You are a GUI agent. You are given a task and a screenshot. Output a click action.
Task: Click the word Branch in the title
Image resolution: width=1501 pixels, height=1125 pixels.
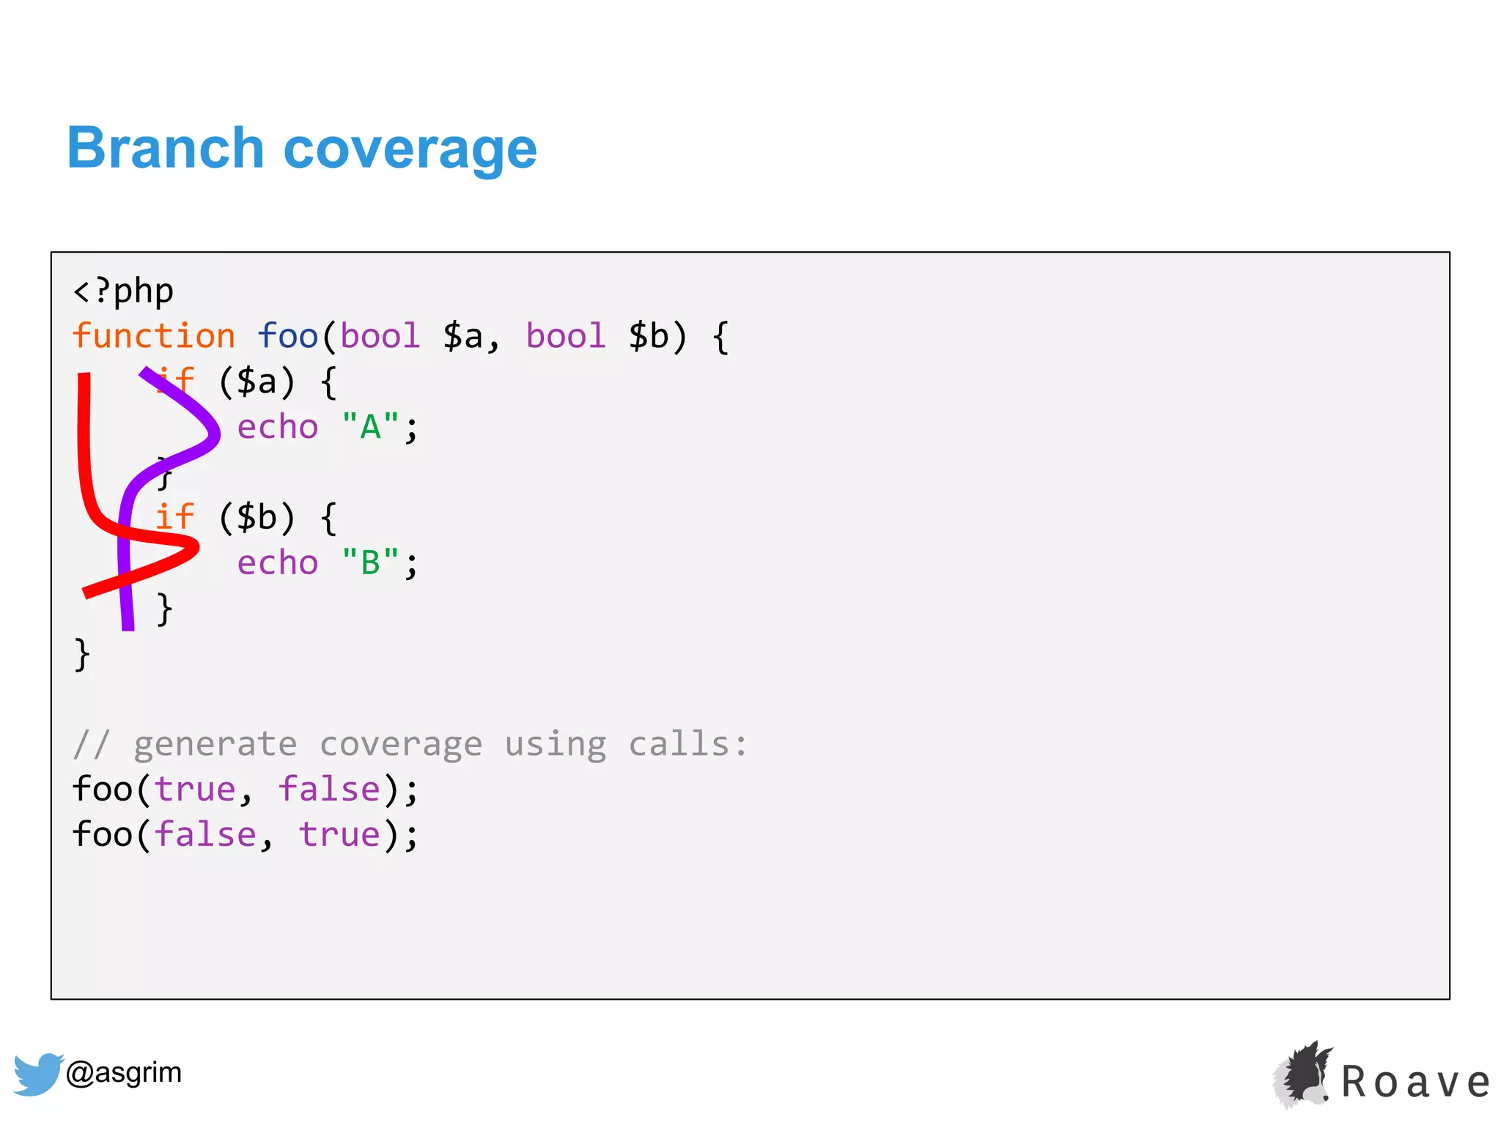click(165, 148)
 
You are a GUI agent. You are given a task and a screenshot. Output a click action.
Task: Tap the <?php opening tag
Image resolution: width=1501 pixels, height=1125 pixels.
click(123, 292)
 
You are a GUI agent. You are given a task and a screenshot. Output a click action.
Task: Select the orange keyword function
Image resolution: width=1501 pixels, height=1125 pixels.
click(153, 336)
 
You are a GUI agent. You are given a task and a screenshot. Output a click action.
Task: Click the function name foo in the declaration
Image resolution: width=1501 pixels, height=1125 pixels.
click(287, 336)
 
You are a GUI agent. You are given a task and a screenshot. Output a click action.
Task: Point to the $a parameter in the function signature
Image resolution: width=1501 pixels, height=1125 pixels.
click(463, 336)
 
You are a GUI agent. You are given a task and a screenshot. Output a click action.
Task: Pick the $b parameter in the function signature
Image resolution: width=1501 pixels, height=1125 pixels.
click(649, 336)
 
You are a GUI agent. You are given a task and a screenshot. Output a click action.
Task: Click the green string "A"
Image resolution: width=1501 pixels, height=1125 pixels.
click(370, 427)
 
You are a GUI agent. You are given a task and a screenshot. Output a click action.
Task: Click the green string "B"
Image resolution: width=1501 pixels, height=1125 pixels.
click(370, 563)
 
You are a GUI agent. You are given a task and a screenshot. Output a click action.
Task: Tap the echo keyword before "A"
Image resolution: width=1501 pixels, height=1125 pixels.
click(278, 427)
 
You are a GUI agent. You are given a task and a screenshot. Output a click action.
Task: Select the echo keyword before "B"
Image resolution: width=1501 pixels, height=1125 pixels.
click(278, 563)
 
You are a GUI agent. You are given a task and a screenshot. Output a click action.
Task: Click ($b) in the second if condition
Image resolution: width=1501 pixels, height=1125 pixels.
click(257, 518)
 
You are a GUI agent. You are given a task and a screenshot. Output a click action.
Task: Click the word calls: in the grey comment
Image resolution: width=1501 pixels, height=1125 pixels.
click(688, 744)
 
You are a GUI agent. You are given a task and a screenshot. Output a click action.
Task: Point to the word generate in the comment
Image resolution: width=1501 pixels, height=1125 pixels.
click(215, 744)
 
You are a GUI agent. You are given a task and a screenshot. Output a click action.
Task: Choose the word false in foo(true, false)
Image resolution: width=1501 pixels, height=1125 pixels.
click(329, 790)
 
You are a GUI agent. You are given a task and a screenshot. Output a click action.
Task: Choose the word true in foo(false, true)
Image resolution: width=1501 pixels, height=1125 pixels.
click(339, 835)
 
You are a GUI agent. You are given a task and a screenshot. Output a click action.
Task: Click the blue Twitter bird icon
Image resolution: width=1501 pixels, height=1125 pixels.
click(37, 1074)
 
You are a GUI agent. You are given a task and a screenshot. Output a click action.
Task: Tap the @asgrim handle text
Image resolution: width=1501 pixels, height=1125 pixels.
click(124, 1072)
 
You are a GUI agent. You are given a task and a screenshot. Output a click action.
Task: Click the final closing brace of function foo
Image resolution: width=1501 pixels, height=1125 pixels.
click(82, 654)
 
